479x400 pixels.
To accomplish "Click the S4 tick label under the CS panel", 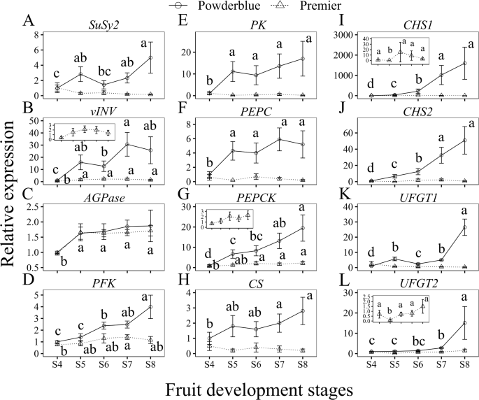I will [x=208, y=365].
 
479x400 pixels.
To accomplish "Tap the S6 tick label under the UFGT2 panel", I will [x=417, y=365].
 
